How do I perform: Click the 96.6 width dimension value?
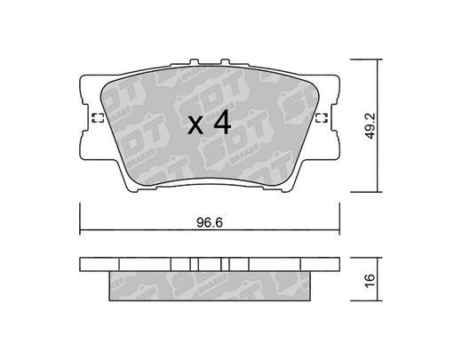tap(210, 222)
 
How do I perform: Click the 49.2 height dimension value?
tap(370, 125)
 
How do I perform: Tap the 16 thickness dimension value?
tap(370, 280)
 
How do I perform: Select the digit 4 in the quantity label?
tap(222, 122)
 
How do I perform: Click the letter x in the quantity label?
tap(195, 125)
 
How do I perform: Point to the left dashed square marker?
tap(98, 118)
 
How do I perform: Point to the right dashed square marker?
tap(322, 118)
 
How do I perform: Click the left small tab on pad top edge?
tap(194, 62)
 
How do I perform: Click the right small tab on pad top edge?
tap(226, 62)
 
